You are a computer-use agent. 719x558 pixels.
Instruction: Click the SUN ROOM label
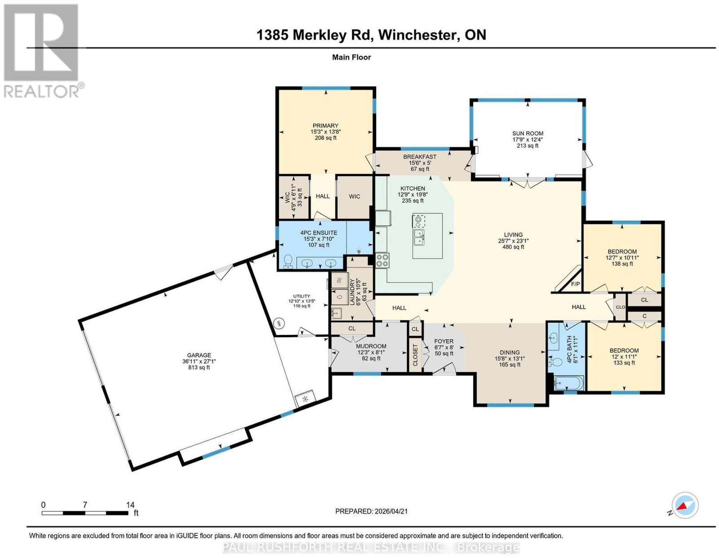point(528,133)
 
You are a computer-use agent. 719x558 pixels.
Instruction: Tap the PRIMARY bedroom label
point(325,126)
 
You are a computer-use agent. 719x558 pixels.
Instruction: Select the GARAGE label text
point(199,356)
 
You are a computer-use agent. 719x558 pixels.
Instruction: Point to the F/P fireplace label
point(575,284)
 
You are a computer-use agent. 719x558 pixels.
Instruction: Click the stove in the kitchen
point(382,260)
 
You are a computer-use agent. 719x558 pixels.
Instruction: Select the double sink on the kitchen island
point(419,237)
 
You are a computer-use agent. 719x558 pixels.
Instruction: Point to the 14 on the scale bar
point(130,505)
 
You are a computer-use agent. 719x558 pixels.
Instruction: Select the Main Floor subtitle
point(351,57)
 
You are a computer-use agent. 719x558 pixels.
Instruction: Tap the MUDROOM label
point(371,346)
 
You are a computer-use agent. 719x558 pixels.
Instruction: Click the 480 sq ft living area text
point(513,247)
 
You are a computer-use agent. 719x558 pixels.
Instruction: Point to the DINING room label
point(510,352)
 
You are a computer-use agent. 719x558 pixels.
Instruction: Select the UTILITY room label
point(302,296)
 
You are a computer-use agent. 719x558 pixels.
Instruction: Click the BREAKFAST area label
point(420,157)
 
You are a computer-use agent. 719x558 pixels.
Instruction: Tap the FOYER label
point(444,341)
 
